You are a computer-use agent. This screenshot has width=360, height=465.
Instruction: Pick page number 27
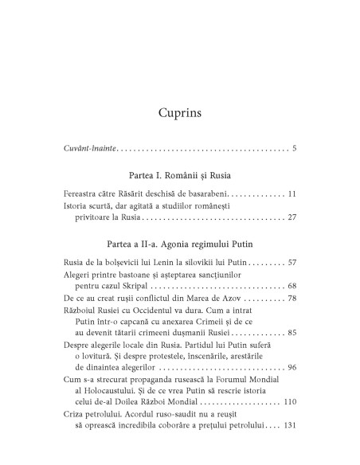point(292,239)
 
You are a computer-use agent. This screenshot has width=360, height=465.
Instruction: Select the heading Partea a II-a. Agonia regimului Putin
point(180,262)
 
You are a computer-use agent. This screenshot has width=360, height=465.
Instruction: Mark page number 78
point(292,319)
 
